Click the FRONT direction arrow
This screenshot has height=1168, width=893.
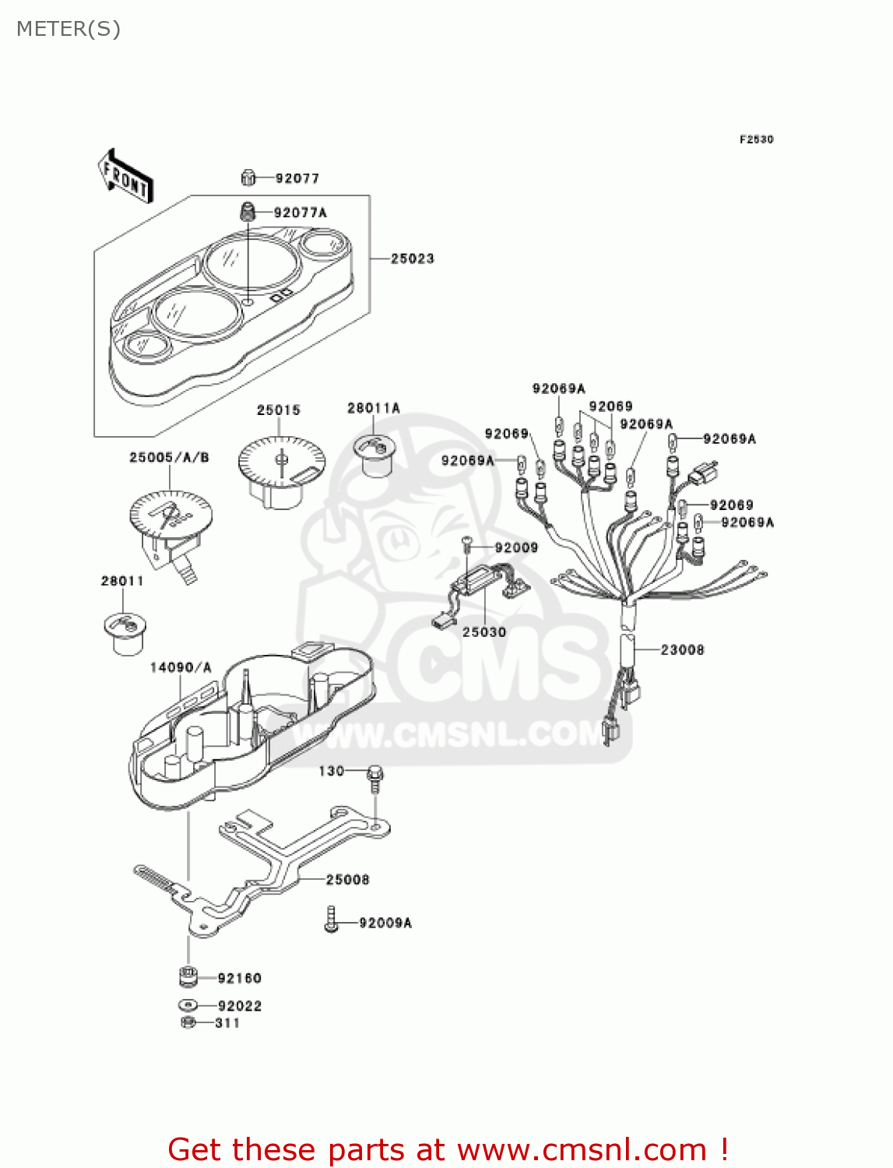[x=125, y=177]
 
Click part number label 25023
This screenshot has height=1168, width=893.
[x=412, y=259]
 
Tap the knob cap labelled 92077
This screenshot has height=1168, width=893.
[x=248, y=178]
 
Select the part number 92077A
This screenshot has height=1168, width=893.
[x=300, y=213]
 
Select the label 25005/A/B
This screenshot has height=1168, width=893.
[x=169, y=457]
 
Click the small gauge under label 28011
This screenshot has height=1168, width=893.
[x=124, y=632]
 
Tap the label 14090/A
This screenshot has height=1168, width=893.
[x=180, y=667]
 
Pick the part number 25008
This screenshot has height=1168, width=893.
[x=347, y=879]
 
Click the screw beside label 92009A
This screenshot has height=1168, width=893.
[x=331, y=920]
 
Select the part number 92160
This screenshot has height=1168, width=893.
[x=239, y=978]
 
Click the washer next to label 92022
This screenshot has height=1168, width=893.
[x=188, y=1005]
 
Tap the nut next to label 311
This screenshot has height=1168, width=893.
[x=188, y=1022]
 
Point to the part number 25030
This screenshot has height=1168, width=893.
[x=483, y=631]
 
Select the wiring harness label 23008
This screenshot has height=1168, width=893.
[x=682, y=649]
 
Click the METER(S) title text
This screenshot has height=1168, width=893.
[x=69, y=29]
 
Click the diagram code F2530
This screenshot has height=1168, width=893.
[x=756, y=139]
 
